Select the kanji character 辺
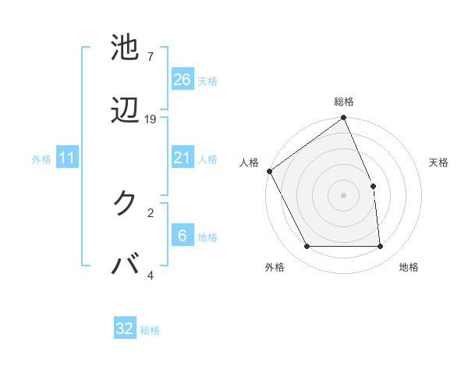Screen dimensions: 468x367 125,111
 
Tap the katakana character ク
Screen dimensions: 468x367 125,203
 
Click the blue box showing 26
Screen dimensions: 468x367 182,80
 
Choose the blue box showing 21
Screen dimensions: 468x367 182,158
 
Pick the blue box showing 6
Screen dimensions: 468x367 182,236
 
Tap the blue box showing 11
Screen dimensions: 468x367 67,159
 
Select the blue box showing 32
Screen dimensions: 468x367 125,329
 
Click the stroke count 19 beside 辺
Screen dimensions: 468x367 151,119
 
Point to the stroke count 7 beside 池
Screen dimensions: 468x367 150,57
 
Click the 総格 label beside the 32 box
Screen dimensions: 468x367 150,330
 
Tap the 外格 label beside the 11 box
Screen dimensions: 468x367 41,159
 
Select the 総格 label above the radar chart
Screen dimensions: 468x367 343,102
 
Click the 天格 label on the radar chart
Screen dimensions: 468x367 439,162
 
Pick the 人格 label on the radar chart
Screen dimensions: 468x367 249,162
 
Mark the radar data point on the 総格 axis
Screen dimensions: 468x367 343,119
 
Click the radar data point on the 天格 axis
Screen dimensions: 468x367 373,186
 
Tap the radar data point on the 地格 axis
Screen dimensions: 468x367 380,247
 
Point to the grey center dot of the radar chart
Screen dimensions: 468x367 343,195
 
